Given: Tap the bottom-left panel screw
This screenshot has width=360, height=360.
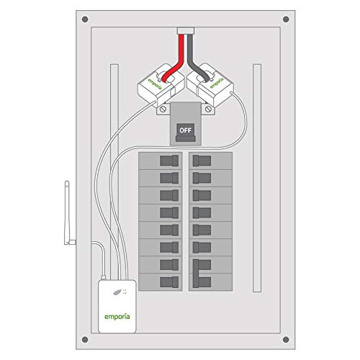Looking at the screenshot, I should click(85, 337).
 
